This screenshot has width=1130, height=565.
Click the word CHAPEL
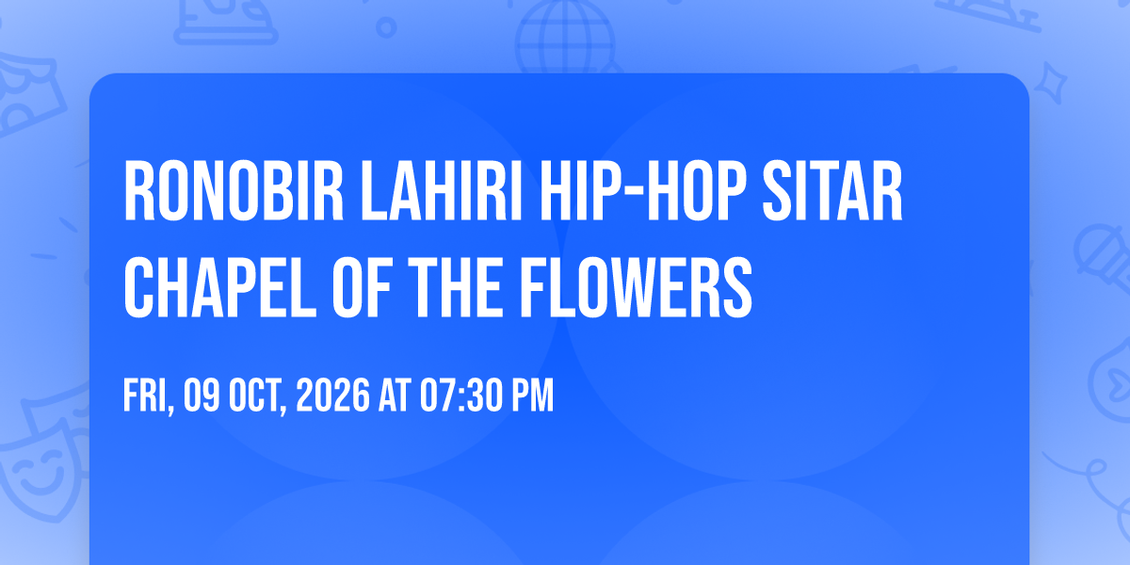pyautogui.click(x=220, y=287)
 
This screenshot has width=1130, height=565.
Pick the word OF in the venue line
pyautogui.click(x=363, y=287)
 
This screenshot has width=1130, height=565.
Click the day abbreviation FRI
pyautogui.click(x=149, y=395)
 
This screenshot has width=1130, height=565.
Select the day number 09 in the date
pyautogui.click(x=202, y=395)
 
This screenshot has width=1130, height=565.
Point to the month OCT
pyautogui.click(x=258, y=395)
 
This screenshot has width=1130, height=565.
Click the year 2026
pyautogui.click(x=333, y=395)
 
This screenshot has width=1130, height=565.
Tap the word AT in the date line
pyautogui.click(x=395, y=395)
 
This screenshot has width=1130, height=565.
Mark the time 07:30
pyautogui.click(x=462, y=395)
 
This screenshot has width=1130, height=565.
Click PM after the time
pyautogui.click(x=533, y=395)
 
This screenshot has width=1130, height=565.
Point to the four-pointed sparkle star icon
pyautogui.click(x=1050, y=83)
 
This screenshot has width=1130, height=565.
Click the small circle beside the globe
pyautogui.click(x=386, y=27)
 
